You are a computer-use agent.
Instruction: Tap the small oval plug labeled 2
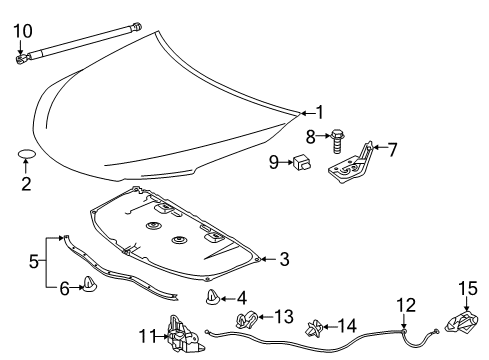point(27,155)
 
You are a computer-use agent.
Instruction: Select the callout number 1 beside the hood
point(320,112)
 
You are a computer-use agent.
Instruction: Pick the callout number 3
point(284,260)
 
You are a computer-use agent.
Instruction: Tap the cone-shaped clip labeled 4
point(213,297)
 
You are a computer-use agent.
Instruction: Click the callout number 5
point(35,263)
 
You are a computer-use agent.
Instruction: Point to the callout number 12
point(404,302)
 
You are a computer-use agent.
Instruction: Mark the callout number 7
point(392,150)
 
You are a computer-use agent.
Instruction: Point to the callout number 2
point(27,183)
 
